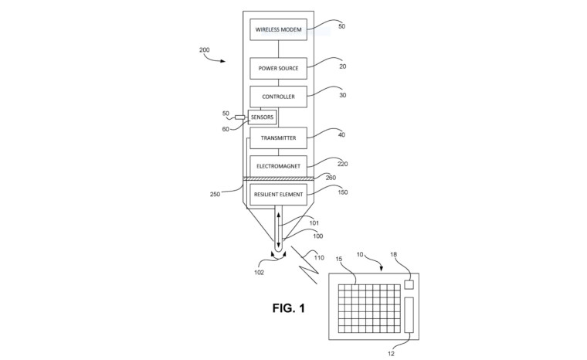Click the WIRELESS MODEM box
[278, 29]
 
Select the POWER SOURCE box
[278, 68]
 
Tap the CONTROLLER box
[278, 97]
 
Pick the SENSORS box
[262, 117]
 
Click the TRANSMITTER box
[278, 138]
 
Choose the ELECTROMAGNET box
[278, 166]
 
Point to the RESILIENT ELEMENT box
[278, 195]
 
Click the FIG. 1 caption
[289, 308]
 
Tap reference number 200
[205, 49]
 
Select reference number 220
[342, 164]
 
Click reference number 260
[331, 178]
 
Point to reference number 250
[215, 194]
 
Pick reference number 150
[342, 192]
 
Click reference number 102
[259, 273]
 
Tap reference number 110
[319, 258]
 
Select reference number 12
[391, 354]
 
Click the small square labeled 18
[409, 285]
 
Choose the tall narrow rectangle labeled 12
[409, 314]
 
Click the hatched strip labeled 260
[278, 179]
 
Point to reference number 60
[226, 129]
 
